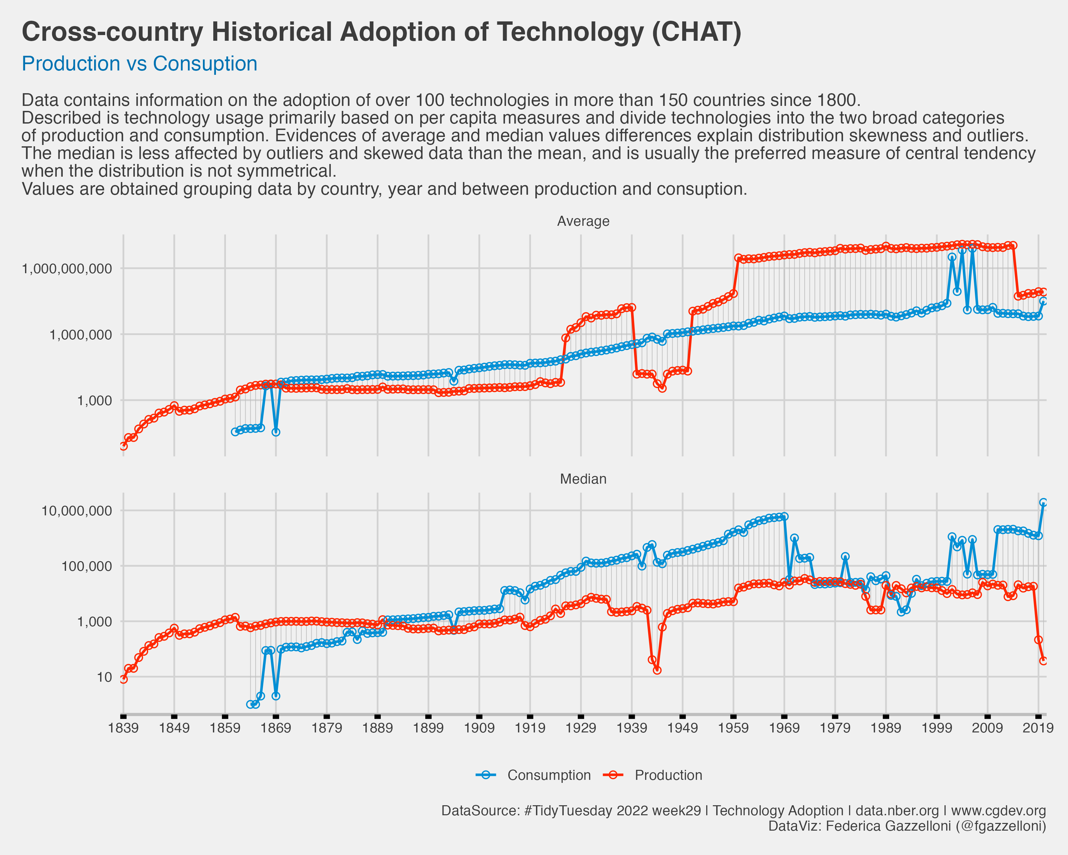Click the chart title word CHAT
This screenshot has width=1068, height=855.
pos(697,32)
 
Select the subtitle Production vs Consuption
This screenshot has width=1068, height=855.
pos(139,63)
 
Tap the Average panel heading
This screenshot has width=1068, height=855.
pos(583,221)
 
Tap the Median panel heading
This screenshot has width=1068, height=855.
pos(583,479)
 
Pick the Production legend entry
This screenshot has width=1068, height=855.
pos(668,775)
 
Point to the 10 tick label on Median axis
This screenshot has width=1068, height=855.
pos(104,677)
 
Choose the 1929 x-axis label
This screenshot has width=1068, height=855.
pos(581,728)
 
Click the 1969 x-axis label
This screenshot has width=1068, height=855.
pos(784,728)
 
